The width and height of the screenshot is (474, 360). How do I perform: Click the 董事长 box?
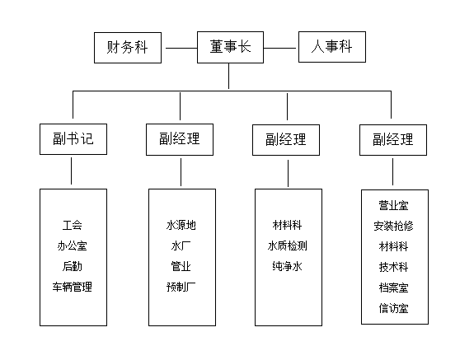230,48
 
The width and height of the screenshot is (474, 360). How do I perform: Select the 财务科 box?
129,48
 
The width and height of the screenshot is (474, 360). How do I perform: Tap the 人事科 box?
331,48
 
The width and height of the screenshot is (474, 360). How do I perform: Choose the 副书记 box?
73,139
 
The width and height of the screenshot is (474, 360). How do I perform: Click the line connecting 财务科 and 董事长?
180,48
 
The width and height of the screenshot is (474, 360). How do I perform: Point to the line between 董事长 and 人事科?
280,48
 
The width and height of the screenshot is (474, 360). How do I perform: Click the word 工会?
73,224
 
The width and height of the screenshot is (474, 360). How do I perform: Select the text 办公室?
73,245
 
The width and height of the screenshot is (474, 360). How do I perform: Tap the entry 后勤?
73,266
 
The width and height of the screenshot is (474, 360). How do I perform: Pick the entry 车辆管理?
73,287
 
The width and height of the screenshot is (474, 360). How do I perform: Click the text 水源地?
181,224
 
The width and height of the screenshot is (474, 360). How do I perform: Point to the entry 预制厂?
181,287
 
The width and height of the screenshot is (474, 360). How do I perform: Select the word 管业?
181,266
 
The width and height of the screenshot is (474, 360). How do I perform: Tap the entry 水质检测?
288,245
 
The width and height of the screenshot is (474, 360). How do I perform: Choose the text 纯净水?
288,266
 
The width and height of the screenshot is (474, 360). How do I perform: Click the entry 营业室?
393,204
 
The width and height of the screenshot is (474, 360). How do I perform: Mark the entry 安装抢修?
393,225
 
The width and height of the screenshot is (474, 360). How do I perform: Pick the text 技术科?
393,267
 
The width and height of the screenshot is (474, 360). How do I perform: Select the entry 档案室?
393,288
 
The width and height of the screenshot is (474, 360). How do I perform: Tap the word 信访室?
393,309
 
